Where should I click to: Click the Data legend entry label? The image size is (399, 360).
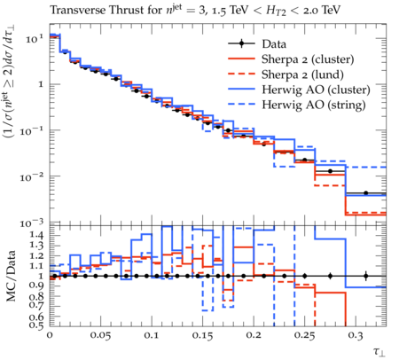pyautogui.click(x=274, y=44)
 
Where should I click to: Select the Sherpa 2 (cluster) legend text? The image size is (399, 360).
pyautogui.click(x=308, y=59)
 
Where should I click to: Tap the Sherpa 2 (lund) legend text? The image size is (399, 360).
pyautogui.click(x=302, y=74)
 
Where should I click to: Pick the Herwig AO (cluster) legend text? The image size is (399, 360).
pyautogui.click(x=316, y=90)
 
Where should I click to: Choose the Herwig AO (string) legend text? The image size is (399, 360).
pyautogui.click(x=314, y=105)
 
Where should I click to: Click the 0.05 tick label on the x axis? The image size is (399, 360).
pyautogui.click(x=100, y=335)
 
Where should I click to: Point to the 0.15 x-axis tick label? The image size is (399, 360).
pyautogui.click(x=202, y=335)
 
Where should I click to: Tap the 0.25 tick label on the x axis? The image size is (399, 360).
pyautogui.click(x=304, y=335)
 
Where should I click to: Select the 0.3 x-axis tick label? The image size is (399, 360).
pyautogui.click(x=355, y=335)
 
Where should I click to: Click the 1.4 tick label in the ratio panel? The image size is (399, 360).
pyautogui.click(x=36, y=236)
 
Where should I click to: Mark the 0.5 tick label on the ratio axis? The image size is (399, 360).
pyautogui.click(x=36, y=325)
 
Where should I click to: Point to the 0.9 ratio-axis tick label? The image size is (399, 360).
pyautogui.click(x=36, y=286)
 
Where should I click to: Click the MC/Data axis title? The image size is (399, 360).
pyautogui.click(x=11, y=276)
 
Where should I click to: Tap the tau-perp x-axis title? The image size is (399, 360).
pyautogui.click(x=379, y=351)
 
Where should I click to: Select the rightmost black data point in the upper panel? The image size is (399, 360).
pyautogui.click(x=366, y=193)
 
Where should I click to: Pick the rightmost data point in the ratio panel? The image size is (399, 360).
pyautogui.click(x=366, y=276)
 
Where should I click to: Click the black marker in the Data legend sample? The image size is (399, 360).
pyautogui.click(x=241, y=43)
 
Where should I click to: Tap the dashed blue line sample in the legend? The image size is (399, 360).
pyautogui.click(x=241, y=104)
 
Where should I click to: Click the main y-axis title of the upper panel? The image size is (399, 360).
pyautogui.click(x=10, y=82)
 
